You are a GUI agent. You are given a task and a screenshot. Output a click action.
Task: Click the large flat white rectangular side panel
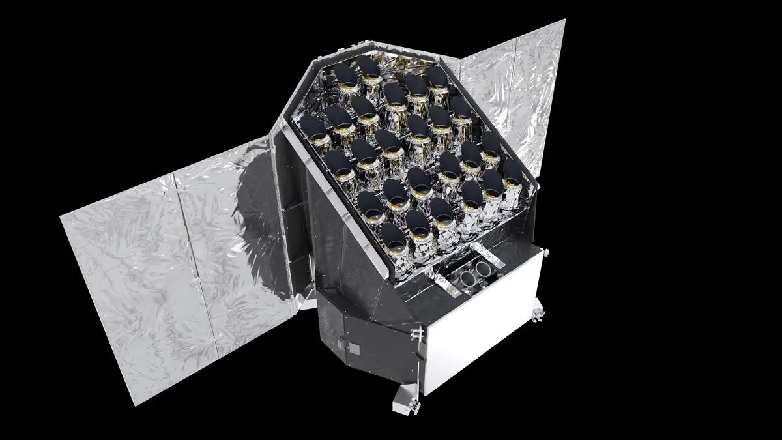click(482, 319)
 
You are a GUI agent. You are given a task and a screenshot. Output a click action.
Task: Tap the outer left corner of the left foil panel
click(61, 215)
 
